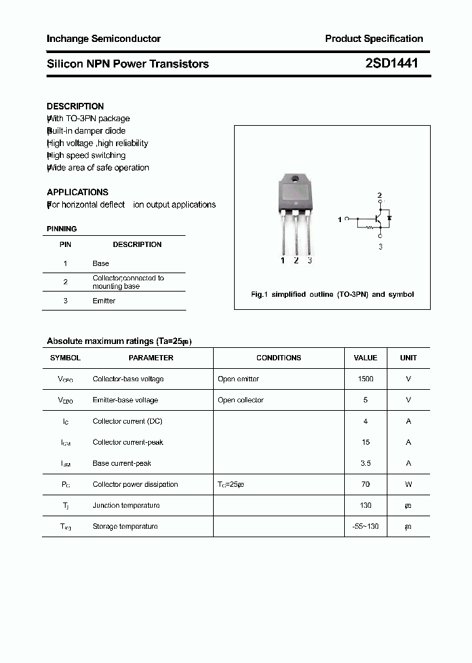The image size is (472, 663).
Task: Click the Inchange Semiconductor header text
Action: click(x=104, y=39)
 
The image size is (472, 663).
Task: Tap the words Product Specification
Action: click(x=374, y=39)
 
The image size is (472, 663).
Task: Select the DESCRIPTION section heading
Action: click(x=75, y=106)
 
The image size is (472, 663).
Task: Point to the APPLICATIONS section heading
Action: click(x=77, y=192)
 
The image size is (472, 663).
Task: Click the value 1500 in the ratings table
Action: click(x=365, y=379)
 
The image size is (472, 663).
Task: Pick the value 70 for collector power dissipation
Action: click(x=365, y=484)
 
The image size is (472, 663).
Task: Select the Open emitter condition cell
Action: click(x=238, y=379)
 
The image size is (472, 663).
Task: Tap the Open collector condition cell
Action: click(x=241, y=400)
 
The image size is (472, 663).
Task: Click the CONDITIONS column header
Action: click(x=279, y=358)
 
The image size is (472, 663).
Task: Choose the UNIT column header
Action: click(x=408, y=358)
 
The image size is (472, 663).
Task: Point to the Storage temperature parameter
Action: click(x=125, y=526)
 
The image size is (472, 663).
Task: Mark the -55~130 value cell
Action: click(x=365, y=526)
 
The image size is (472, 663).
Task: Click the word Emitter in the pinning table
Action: click(x=104, y=301)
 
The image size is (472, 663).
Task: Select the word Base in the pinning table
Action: click(x=101, y=263)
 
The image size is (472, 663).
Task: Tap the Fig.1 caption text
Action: click(x=332, y=294)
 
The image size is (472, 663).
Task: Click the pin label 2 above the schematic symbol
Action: click(x=379, y=196)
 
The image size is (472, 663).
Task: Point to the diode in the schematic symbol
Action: click(x=389, y=217)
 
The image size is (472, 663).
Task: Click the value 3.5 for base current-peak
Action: click(x=365, y=463)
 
